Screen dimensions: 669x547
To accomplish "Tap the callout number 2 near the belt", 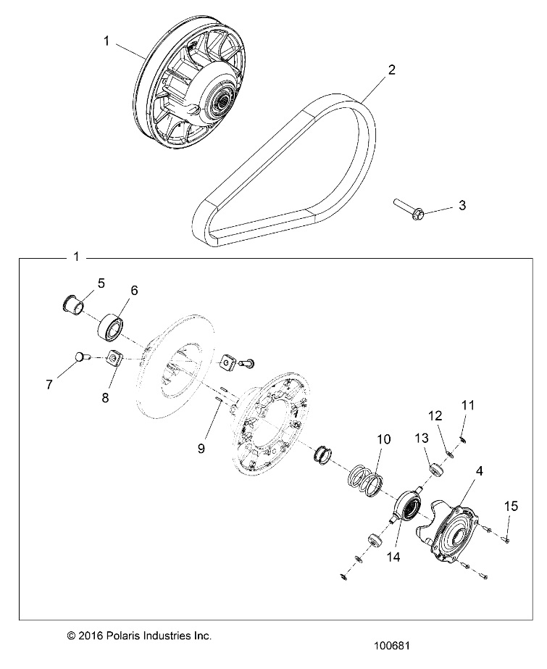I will (x=391, y=70).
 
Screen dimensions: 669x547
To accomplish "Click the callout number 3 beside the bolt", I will (x=462, y=206).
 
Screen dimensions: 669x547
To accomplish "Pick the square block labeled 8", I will (x=114, y=358).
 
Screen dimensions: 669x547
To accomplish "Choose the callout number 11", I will (x=467, y=404).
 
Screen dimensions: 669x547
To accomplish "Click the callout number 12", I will (x=436, y=416).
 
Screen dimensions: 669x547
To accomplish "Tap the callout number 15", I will (x=511, y=507).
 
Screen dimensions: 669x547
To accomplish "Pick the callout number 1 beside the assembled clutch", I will (x=106, y=41).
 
